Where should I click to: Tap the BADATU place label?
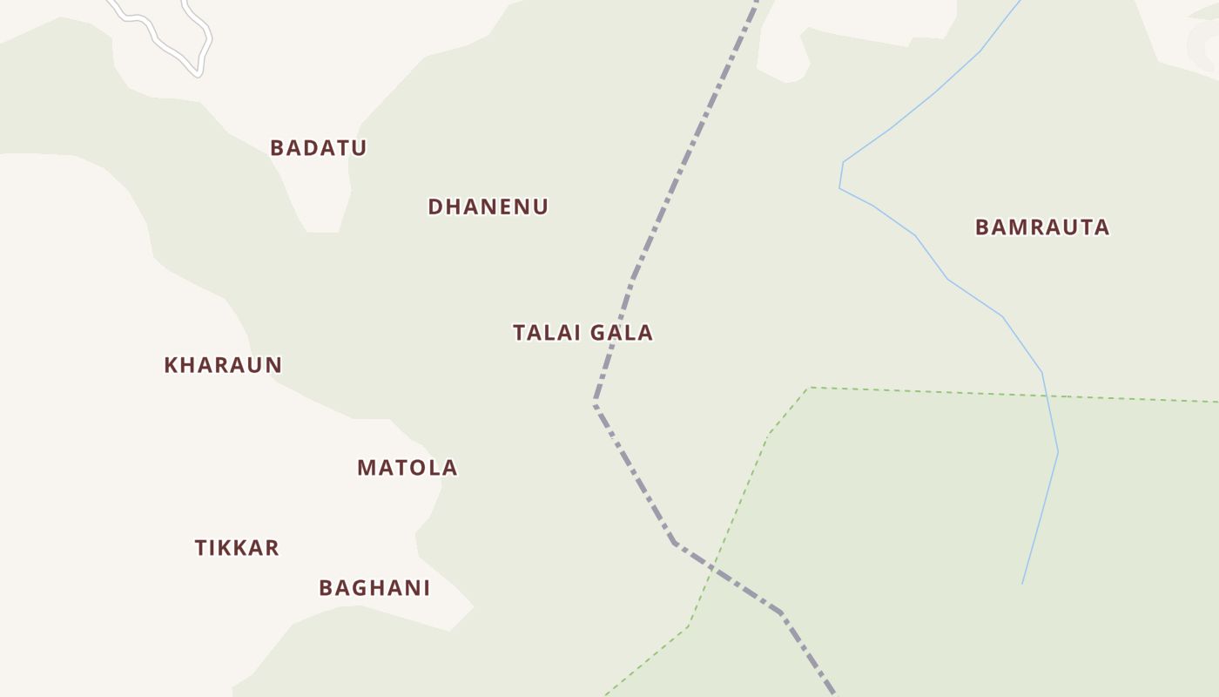[x=318, y=147]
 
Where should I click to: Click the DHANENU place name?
[x=488, y=206]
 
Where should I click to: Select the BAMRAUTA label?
[x=1041, y=227]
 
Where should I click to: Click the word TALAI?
[x=547, y=332]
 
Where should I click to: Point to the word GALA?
[x=621, y=332]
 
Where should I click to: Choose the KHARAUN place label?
[x=223, y=365]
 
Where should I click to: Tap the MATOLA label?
[x=407, y=468]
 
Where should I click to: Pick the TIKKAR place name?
[x=236, y=548]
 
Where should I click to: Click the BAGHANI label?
[x=374, y=588]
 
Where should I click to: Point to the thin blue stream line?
[x=947, y=279]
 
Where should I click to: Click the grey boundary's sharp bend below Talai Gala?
[x=596, y=403]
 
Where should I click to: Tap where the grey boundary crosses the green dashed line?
[x=714, y=568]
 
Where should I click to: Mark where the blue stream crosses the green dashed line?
[x=1047, y=396]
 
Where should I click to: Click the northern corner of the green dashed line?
[x=810, y=388]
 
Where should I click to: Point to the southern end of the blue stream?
[x=1022, y=583]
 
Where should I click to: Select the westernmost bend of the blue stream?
[x=840, y=187]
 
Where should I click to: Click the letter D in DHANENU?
[x=435, y=206]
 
